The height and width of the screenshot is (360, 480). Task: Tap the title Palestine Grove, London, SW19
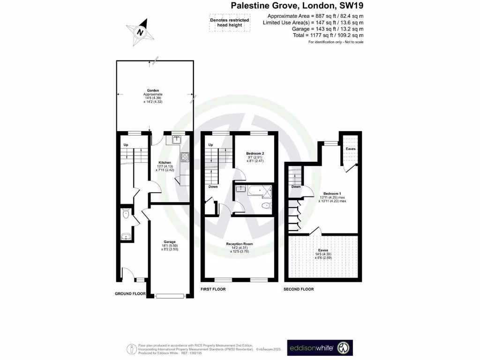(297, 6)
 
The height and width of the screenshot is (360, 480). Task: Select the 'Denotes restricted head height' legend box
(229, 22)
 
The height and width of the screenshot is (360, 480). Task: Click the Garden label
(153, 90)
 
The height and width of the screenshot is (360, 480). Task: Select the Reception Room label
(239, 244)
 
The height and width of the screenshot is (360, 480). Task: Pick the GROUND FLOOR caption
(130, 294)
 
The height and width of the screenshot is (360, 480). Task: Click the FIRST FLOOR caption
(213, 289)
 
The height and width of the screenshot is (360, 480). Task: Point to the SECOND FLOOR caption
(299, 289)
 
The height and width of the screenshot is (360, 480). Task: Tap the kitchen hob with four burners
(185, 157)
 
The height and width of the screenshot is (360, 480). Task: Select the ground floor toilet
(125, 214)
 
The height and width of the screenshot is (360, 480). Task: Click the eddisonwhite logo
(319, 348)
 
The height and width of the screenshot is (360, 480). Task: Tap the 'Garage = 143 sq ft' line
(313, 29)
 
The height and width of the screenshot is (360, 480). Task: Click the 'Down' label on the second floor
(296, 187)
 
